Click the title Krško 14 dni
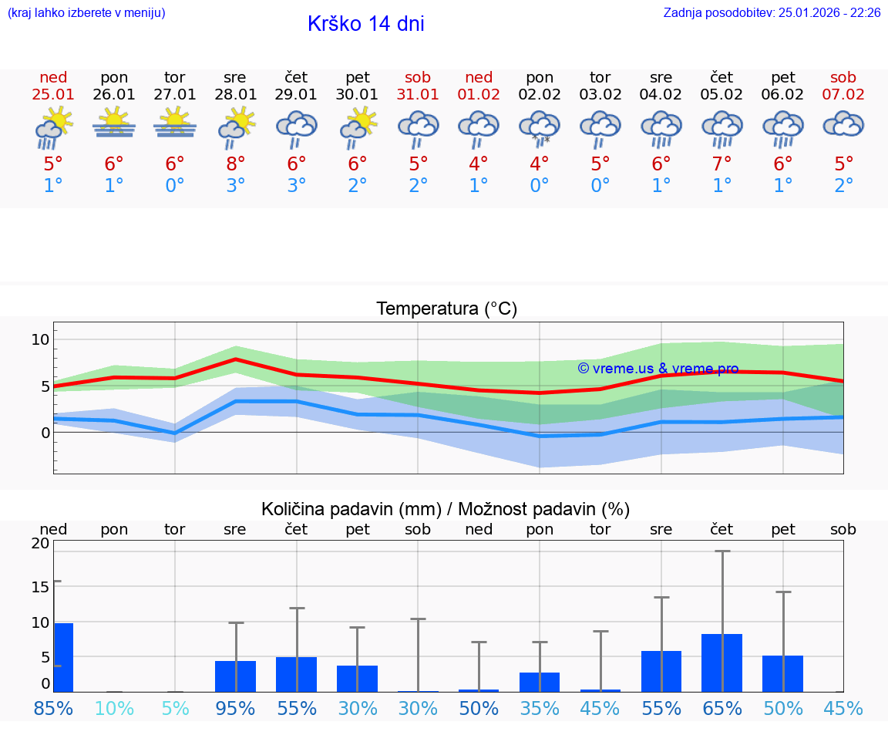click(365, 24)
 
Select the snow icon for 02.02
click(540, 126)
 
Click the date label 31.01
click(418, 95)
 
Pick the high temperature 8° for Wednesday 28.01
click(236, 164)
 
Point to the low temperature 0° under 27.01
click(175, 186)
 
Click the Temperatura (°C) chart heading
click(446, 309)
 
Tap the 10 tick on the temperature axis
click(40, 339)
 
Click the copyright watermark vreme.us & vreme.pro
click(658, 369)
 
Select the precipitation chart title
click(446, 509)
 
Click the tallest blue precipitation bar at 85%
click(63, 657)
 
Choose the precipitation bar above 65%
click(721, 663)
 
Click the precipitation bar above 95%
click(235, 676)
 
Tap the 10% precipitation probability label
click(114, 708)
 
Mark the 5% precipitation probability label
click(175, 708)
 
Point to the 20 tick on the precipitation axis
click(40, 543)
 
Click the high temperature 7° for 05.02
click(721, 164)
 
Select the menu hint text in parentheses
click(86, 12)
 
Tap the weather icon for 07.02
click(843, 124)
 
